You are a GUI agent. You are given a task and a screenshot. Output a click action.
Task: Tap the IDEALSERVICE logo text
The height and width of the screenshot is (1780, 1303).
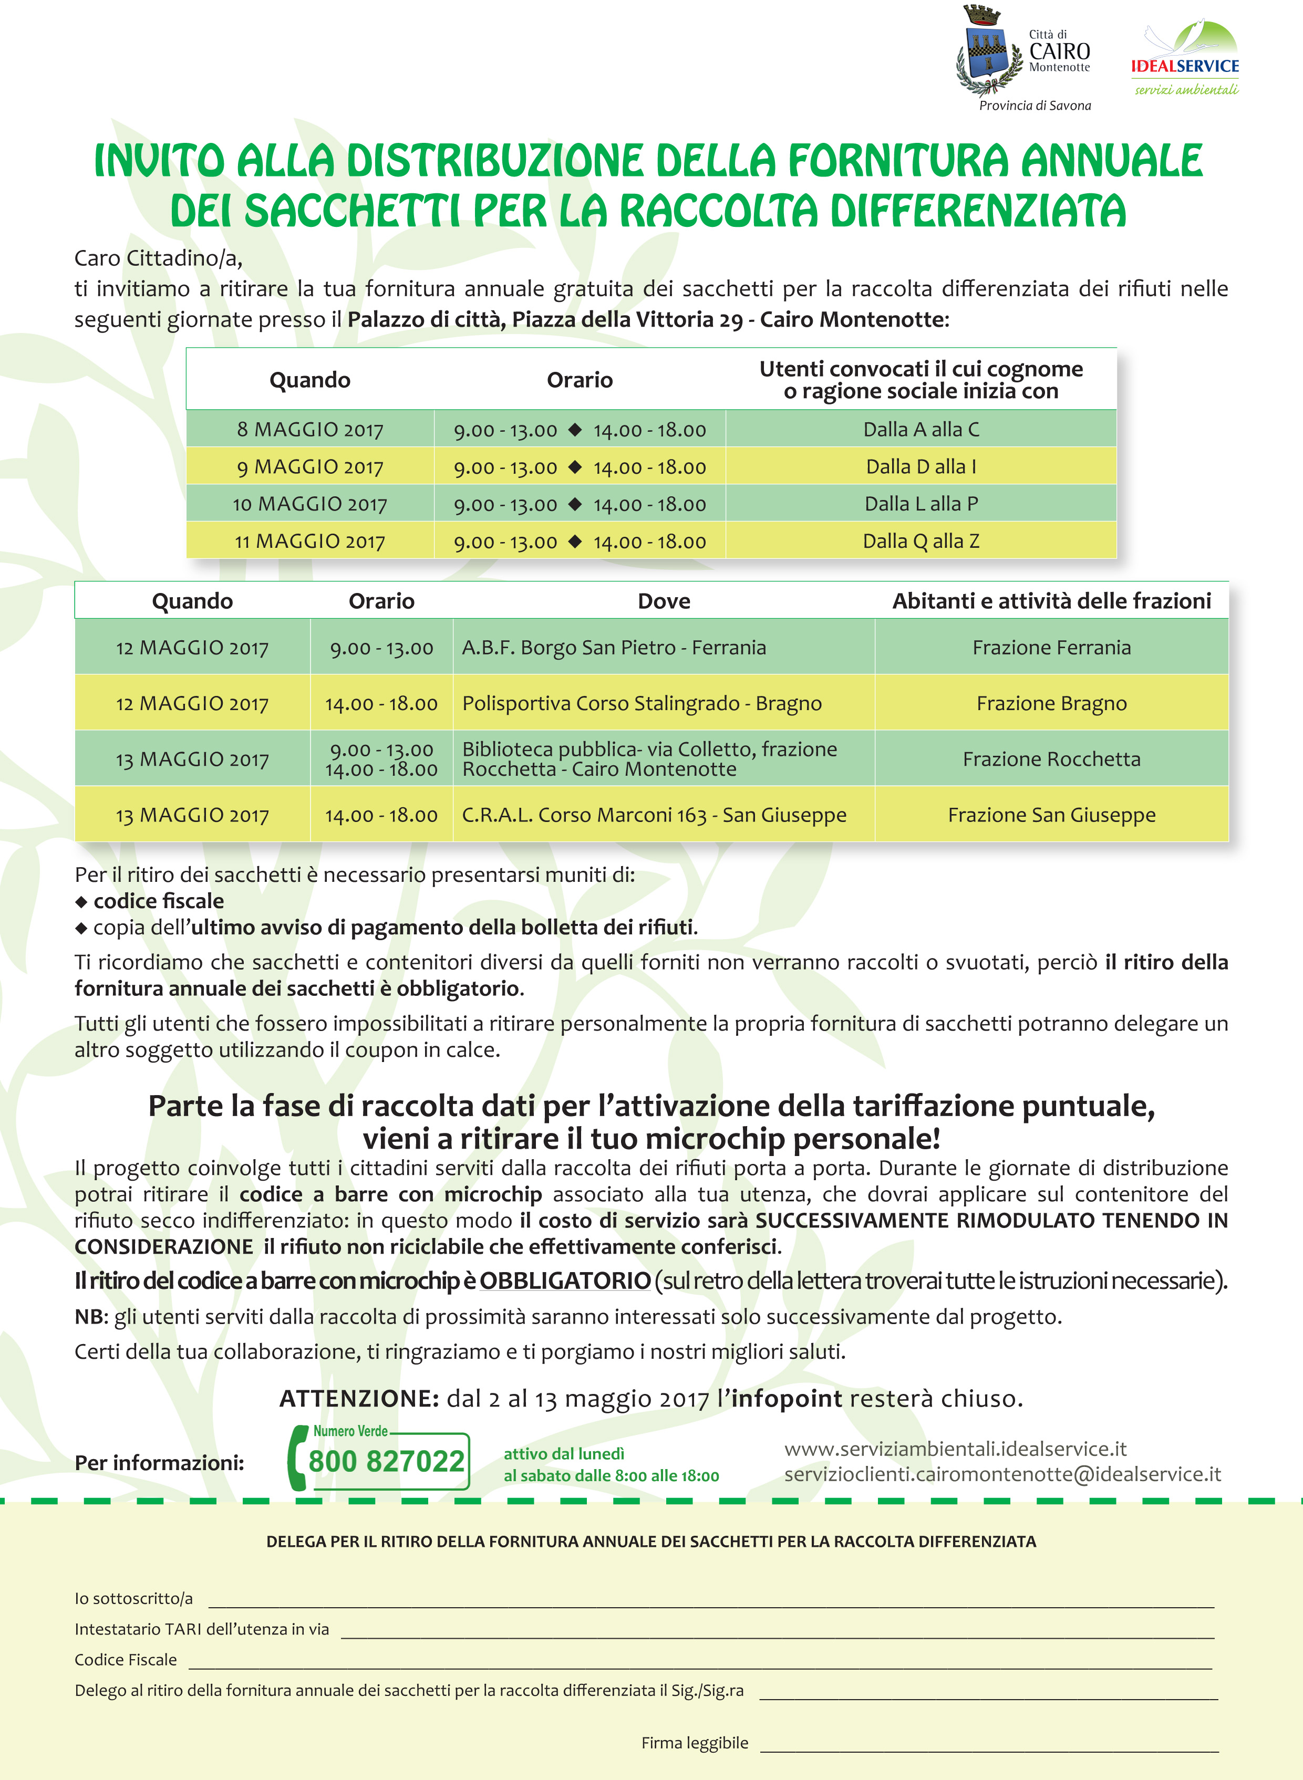tap(1185, 66)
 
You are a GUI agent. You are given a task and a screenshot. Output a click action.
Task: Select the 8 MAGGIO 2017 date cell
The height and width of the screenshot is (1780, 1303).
tap(310, 430)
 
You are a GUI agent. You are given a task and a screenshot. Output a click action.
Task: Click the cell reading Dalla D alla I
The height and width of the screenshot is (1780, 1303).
tap(921, 467)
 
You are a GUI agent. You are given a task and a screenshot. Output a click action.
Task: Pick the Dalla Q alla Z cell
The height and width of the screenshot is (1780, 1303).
tap(921, 542)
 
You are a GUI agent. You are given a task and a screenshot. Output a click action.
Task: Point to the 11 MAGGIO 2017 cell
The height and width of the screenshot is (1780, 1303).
tap(310, 542)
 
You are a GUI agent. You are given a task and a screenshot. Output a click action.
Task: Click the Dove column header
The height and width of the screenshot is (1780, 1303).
tap(664, 601)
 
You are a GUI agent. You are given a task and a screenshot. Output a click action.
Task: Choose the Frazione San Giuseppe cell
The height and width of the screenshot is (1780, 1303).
tap(1051, 815)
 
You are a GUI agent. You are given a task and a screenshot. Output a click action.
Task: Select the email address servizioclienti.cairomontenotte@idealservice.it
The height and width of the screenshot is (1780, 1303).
tap(1002, 1474)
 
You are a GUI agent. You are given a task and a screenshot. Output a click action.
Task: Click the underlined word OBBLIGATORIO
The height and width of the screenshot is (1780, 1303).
tap(565, 1281)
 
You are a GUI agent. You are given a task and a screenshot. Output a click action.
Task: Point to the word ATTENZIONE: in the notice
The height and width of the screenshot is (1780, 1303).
tap(359, 1399)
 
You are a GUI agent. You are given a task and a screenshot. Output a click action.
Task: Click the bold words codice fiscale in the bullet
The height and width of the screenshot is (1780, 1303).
tap(159, 901)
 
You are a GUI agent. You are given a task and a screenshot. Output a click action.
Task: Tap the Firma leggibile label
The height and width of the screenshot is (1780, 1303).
tap(694, 1743)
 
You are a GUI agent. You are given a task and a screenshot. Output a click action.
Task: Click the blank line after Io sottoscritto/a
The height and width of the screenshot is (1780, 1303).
tap(710, 1600)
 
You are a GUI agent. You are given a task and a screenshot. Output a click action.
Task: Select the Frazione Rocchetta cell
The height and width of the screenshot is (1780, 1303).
tap(1051, 759)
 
